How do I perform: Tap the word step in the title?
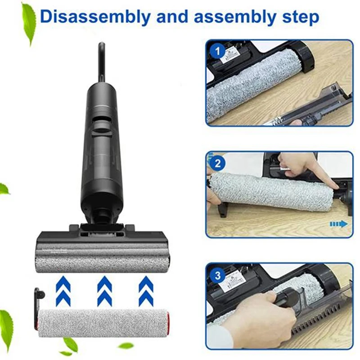[295, 17]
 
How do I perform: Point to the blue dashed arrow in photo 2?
[339, 224]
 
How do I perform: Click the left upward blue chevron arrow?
[63, 290]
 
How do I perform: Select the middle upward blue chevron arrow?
[104, 290]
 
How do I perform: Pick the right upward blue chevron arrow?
[145, 290]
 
